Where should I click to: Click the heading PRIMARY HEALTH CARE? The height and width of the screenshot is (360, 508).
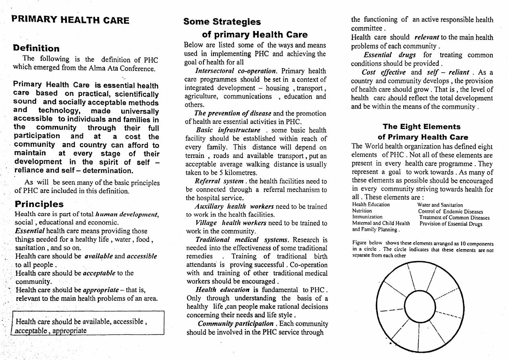tap(70, 20)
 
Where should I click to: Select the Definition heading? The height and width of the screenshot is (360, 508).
tap(36, 48)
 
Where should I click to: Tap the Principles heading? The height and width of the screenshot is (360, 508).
tap(39, 204)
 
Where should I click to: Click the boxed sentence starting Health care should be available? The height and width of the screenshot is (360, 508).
tap(81, 326)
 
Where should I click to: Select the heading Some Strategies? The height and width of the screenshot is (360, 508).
tap(222, 22)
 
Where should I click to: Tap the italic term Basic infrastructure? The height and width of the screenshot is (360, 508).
tap(228, 130)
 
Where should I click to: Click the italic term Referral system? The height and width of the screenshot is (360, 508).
tap(219, 181)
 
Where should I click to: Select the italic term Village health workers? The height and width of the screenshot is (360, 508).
tap(230, 223)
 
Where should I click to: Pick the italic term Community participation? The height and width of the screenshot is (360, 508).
tap(235, 324)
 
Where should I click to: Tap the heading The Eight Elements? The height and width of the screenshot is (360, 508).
tap(421, 127)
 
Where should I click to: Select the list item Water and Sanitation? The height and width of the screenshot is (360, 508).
tap(440, 205)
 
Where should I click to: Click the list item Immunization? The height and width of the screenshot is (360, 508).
tap(367, 217)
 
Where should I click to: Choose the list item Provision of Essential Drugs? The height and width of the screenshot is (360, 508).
tap(450, 224)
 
